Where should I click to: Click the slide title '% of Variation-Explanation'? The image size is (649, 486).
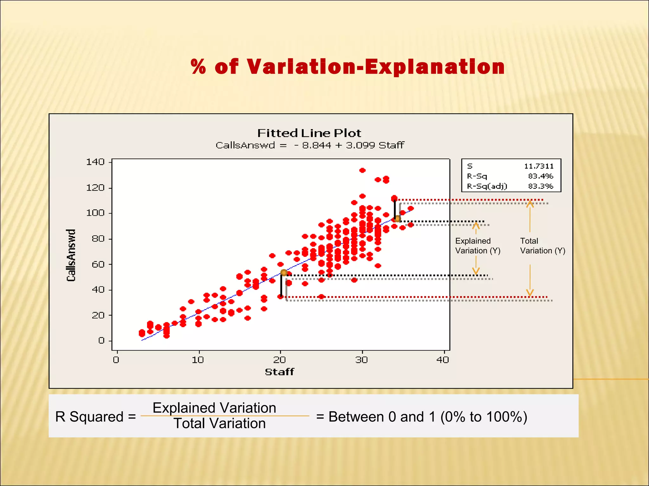[348, 67]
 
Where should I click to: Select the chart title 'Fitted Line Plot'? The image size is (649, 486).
[309, 133]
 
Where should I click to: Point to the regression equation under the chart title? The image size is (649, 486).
[310, 145]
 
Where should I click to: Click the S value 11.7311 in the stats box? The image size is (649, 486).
[539, 166]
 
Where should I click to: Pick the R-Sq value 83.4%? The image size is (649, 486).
[540, 176]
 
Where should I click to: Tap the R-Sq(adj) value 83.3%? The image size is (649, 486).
[540, 186]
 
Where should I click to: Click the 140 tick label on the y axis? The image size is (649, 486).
[95, 162]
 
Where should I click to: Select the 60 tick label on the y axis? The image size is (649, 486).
[98, 264]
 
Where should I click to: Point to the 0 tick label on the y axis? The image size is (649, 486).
[101, 341]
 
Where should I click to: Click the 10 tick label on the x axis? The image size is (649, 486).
[198, 360]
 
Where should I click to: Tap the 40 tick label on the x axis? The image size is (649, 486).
[443, 360]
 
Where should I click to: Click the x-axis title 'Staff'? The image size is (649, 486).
[279, 372]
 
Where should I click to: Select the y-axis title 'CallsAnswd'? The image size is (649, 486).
[71, 255]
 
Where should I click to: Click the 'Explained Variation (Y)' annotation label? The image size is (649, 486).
[478, 246]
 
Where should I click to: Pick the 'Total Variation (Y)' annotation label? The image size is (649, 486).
[543, 246]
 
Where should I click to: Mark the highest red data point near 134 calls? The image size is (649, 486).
[363, 170]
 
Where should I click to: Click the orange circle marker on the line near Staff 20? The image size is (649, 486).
[284, 273]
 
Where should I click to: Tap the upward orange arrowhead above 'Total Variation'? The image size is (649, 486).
[530, 204]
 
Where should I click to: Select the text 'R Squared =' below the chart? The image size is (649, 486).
[95, 417]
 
